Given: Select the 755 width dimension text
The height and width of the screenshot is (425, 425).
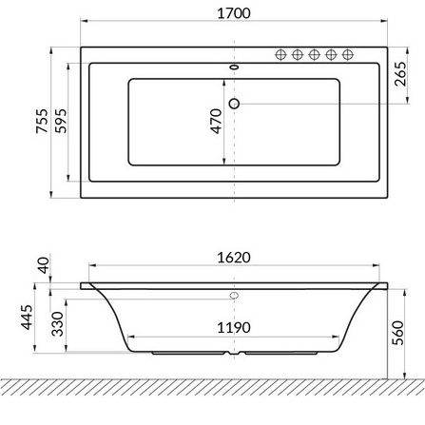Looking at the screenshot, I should pyautogui.click(x=42, y=122).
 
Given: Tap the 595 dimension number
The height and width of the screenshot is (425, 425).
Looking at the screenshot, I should pyautogui.click(x=62, y=122).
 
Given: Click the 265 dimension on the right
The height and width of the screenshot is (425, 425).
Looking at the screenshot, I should pyautogui.click(x=401, y=75).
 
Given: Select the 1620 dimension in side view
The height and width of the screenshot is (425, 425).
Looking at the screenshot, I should pyautogui.click(x=234, y=258).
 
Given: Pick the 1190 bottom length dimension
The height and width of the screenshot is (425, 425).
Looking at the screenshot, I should pyautogui.click(x=234, y=327).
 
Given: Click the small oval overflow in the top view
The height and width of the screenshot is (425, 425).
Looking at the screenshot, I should pyautogui.click(x=234, y=68).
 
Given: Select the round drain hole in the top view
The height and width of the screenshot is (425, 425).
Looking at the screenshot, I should pyautogui.click(x=234, y=103).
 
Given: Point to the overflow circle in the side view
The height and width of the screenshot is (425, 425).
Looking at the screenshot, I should pyautogui.click(x=234, y=296).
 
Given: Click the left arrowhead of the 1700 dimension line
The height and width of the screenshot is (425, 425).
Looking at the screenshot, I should pyautogui.click(x=84, y=19).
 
